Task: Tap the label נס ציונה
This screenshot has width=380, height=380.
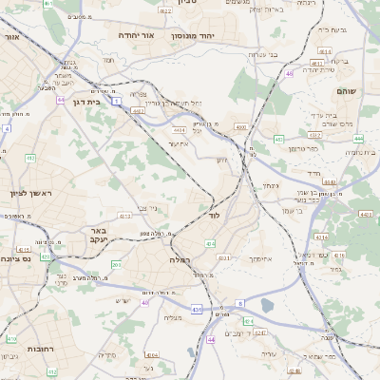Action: tap(17, 257)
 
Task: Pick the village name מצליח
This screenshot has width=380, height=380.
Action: tap(172, 317)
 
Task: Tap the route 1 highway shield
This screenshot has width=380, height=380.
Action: tap(115, 100)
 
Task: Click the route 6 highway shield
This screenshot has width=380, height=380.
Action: tap(240, 303)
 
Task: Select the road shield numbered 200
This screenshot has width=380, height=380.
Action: tap(116, 265)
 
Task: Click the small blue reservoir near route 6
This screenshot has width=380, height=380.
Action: tap(267, 306)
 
